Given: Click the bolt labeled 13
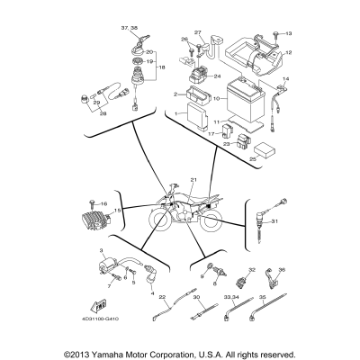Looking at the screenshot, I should pos(275,32).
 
